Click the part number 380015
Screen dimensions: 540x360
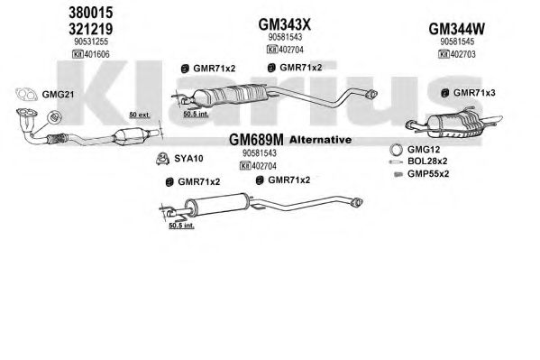tap(91, 13)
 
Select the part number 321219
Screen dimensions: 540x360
tap(91, 29)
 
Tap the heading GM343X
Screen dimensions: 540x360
tap(285, 24)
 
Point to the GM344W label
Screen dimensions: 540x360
tap(457, 29)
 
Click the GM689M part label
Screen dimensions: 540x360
tap(256, 140)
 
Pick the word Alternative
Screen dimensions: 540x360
tap(321, 140)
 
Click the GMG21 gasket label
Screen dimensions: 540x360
tap(58, 94)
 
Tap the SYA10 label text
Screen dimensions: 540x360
tap(188, 158)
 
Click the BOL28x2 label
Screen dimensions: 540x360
tap(427, 161)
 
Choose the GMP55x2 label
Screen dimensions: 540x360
tap(428, 173)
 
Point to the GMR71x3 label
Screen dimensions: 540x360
tap(474, 92)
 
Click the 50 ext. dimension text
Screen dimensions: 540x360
tap(140, 115)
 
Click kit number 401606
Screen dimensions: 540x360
tap(91, 54)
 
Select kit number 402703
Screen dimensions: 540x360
tap(457, 54)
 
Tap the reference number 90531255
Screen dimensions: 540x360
tap(91, 42)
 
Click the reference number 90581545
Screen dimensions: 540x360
tap(457, 42)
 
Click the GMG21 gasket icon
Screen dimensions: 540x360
tap(26, 94)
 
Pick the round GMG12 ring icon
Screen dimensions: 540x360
tap(396, 150)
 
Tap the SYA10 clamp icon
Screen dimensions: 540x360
tap(162, 159)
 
